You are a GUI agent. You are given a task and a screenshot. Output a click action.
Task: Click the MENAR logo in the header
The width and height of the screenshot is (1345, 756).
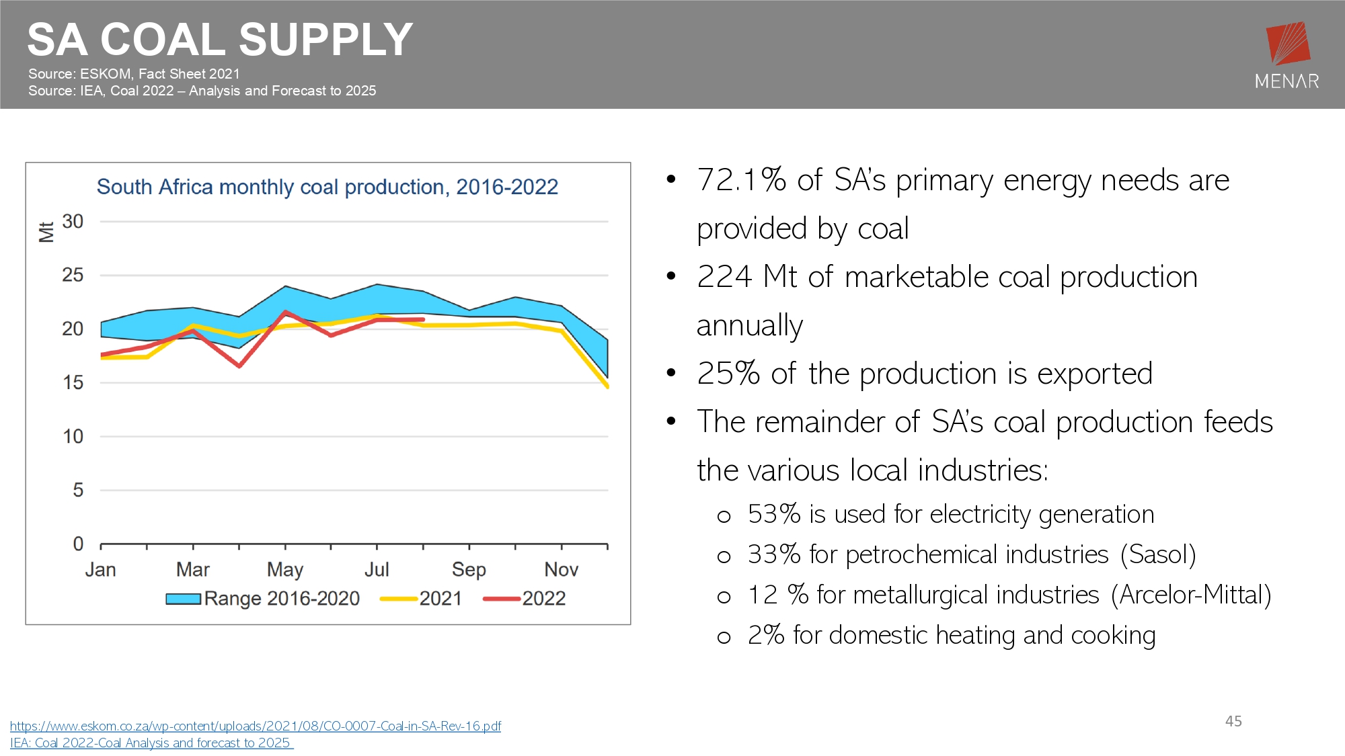pyautogui.click(x=1287, y=56)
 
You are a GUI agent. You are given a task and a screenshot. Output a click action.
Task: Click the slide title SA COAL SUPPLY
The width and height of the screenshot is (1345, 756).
pyautogui.click(x=220, y=39)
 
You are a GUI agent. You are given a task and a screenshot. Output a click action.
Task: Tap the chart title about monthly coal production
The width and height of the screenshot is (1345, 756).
pyautogui.click(x=328, y=187)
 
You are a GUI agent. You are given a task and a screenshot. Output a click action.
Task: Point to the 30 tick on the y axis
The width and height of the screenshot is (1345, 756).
pyautogui.click(x=73, y=221)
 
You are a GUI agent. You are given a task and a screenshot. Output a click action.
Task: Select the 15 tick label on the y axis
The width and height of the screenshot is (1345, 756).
pyautogui.click(x=73, y=382)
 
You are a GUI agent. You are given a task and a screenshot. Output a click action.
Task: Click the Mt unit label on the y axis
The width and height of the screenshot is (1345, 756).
pyautogui.click(x=46, y=232)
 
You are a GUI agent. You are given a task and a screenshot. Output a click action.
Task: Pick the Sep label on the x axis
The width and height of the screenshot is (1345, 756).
pyautogui.click(x=469, y=570)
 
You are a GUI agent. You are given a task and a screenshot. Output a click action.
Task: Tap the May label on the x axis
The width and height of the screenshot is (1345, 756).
pyautogui.click(x=285, y=570)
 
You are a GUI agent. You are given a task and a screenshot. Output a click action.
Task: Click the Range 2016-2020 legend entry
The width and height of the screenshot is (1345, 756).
pyautogui.click(x=263, y=598)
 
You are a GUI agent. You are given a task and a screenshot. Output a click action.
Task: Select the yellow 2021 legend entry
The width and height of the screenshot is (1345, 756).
pyautogui.click(x=421, y=598)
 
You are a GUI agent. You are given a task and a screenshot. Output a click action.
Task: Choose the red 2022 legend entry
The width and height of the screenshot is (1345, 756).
pyautogui.click(x=525, y=598)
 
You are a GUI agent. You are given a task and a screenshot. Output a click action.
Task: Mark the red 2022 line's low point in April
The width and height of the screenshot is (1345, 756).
pyautogui.click(x=239, y=366)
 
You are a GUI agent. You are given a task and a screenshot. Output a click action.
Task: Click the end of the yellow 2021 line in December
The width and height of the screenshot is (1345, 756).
pyautogui.click(x=607, y=386)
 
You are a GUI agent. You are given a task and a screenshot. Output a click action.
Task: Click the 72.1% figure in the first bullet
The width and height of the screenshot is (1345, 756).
pyautogui.click(x=742, y=180)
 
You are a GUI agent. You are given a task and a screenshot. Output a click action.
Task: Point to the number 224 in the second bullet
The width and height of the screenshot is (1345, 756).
pyautogui.click(x=724, y=277)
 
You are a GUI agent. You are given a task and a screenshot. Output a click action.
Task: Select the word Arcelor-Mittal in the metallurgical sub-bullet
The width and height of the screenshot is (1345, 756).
pyautogui.click(x=1191, y=595)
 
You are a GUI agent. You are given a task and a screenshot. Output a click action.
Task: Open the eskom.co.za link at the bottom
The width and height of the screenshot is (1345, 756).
pyautogui.click(x=256, y=726)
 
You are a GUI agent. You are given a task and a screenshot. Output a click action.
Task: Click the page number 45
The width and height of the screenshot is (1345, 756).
pyautogui.click(x=1233, y=721)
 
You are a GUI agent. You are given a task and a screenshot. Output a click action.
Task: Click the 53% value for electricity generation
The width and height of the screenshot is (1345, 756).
pyautogui.click(x=774, y=514)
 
